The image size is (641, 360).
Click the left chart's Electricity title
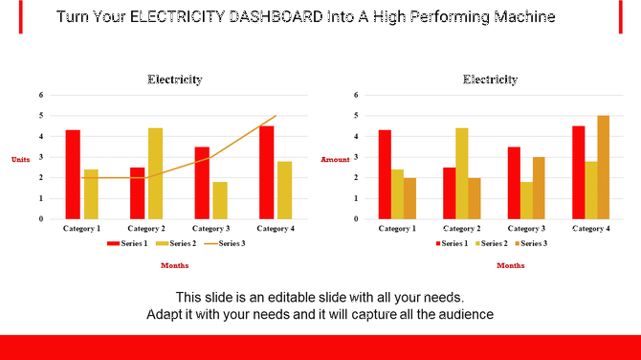coord(174,79)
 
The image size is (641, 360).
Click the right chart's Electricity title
coord(490,79)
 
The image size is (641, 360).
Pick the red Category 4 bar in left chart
coord(266,172)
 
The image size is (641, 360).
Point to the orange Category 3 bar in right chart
coord(540,188)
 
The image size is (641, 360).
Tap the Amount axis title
coord(335,159)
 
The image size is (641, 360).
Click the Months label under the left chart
coord(174,265)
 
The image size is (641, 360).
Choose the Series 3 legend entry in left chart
coord(229,244)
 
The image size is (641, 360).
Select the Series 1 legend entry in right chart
coord(452,244)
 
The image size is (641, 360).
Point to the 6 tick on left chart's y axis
coord(40,95)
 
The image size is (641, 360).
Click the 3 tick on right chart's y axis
coord(356,157)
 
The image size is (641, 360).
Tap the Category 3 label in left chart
coord(211,229)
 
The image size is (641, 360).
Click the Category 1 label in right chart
coord(397,229)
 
